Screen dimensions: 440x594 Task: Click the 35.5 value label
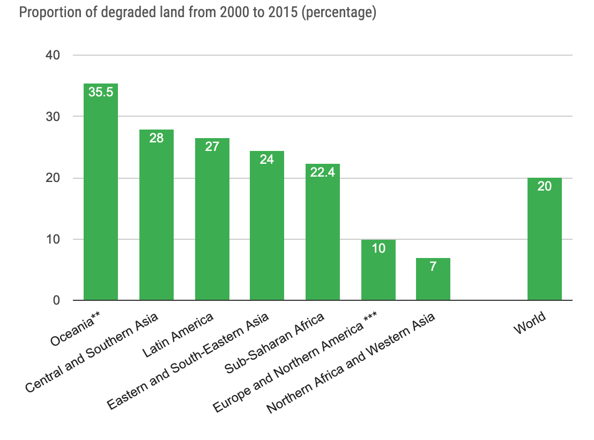(101, 92)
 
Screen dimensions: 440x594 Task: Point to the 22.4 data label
(323, 172)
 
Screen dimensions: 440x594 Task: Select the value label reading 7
(433, 266)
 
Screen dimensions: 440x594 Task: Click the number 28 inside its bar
(157, 138)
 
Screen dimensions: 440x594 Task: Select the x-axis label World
(530, 323)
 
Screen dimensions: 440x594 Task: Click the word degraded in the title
(124, 13)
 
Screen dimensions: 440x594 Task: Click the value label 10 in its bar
(378, 248)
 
